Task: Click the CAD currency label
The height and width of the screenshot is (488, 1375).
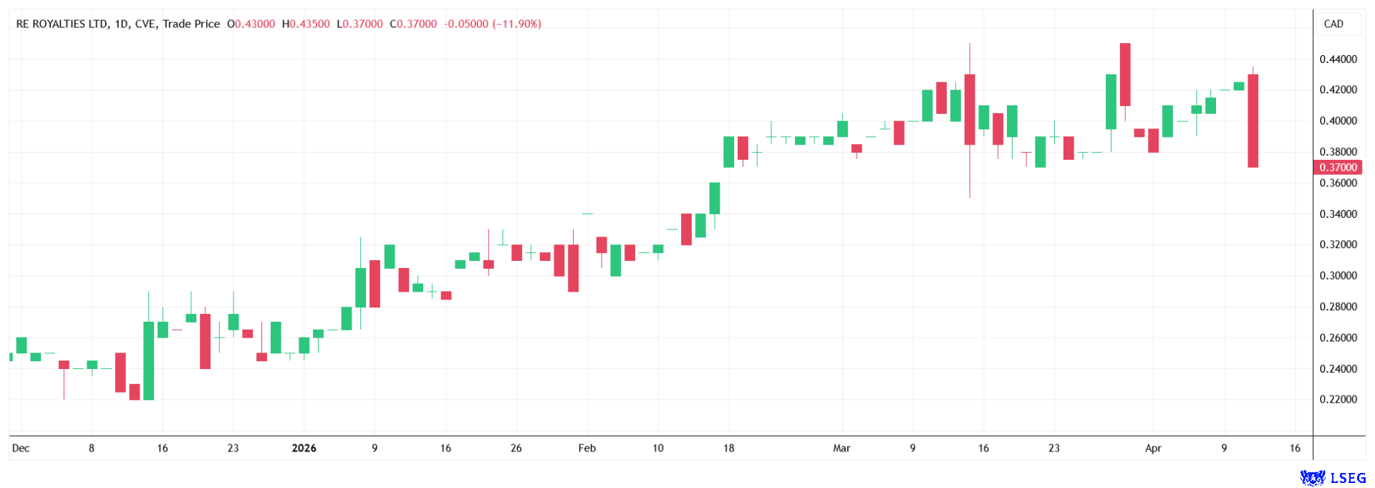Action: click(x=1333, y=24)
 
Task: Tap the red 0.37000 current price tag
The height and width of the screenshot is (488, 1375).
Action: click(x=1338, y=168)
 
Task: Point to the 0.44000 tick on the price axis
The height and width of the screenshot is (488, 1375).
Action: click(x=1338, y=59)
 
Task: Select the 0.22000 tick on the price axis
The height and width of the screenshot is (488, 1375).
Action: click(x=1338, y=399)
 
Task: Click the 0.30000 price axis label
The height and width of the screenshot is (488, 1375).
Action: click(x=1338, y=276)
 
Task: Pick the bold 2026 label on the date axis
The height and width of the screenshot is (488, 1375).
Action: click(x=304, y=449)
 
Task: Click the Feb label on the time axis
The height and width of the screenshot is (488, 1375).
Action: click(x=587, y=449)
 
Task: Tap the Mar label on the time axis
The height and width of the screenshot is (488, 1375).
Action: click(x=841, y=449)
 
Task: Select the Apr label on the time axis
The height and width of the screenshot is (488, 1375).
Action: click(x=1153, y=449)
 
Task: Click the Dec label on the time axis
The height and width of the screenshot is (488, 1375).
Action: click(x=21, y=449)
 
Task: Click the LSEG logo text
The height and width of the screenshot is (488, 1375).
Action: click(x=1348, y=477)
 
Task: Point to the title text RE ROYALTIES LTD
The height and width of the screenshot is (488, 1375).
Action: click(x=62, y=24)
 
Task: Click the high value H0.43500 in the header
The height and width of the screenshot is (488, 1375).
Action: click(x=306, y=24)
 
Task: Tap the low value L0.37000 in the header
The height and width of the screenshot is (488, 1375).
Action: click(x=360, y=24)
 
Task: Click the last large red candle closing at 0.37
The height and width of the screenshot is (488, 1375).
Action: click(x=1253, y=120)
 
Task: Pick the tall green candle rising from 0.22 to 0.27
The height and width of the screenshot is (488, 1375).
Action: click(x=148, y=360)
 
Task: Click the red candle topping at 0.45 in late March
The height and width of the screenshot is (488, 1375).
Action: click(x=1125, y=75)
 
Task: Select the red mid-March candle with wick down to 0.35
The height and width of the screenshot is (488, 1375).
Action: click(x=970, y=110)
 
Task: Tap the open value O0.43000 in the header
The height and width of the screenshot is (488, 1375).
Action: click(x=251, y=24)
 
